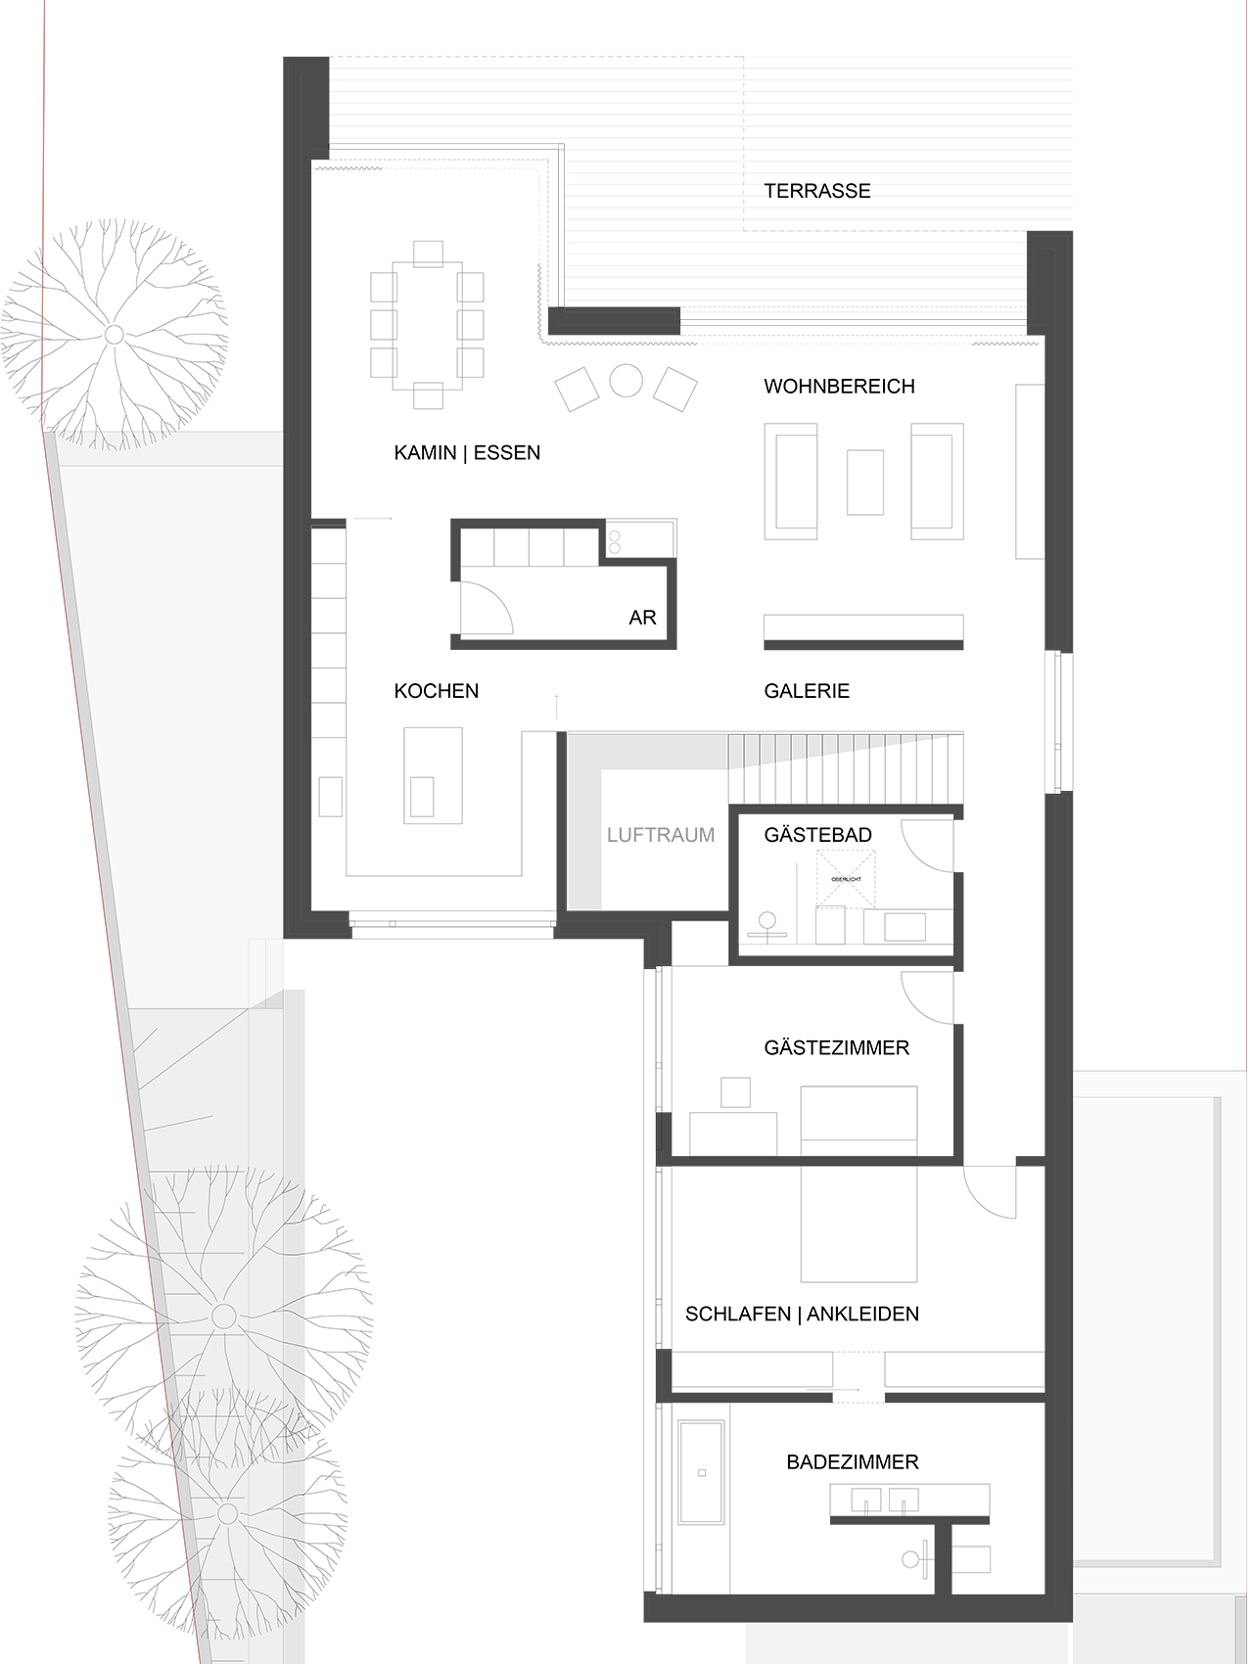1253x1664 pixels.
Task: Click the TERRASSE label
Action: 816,191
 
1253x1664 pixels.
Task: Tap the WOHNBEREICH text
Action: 839,386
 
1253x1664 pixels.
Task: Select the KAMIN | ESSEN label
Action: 467,452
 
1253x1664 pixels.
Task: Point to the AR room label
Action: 642,618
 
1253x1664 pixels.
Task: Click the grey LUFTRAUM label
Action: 660,835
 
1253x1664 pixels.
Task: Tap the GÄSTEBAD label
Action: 817,835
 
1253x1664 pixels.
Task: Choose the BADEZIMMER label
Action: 852,1461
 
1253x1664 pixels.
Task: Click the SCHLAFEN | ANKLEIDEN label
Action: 802,1314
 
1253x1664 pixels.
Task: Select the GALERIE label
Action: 807,691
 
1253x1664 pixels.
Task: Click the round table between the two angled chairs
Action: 626,381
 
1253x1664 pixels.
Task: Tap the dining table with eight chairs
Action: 428,324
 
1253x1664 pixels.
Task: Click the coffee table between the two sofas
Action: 864,481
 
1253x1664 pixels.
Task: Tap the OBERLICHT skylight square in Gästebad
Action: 846,878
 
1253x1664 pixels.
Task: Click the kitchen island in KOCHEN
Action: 433,774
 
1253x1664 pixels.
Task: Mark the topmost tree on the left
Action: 114,335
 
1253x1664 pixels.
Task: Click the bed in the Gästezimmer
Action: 859,1118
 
